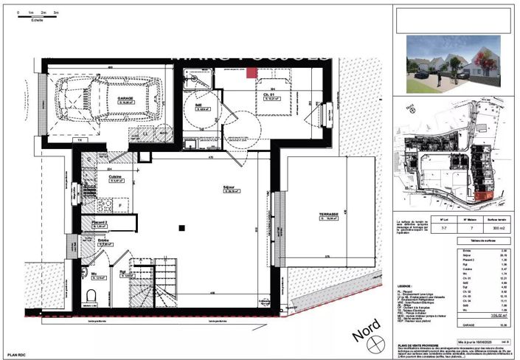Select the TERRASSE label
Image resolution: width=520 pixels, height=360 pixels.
click(327, 215)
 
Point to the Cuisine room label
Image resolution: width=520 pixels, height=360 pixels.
click(94, 178)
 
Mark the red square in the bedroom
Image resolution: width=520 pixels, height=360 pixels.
click(251, 72)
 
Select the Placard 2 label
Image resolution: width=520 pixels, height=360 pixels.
click(100, 222)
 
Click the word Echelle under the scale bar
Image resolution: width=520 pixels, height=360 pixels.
click(38, 20)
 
